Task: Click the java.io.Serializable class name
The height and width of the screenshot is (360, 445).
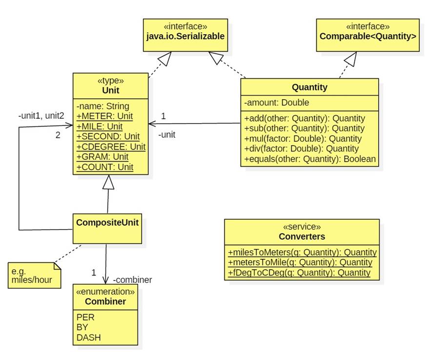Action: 185,36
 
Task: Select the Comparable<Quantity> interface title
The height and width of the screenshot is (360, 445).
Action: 367,36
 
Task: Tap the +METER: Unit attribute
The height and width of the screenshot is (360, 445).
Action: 104,116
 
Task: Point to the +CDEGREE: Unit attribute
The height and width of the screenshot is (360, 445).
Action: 111,147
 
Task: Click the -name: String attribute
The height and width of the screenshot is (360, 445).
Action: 103,106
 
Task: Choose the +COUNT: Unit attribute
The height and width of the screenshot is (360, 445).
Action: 105,167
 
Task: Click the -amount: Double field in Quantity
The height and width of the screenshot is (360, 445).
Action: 277,103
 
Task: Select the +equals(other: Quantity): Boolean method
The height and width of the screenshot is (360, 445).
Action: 310,159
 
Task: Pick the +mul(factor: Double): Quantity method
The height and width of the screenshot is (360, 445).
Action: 303,139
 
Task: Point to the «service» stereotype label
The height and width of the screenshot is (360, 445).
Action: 302,227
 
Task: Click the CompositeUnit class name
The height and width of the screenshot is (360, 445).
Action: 107,222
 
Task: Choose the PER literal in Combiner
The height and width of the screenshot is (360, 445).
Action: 85,317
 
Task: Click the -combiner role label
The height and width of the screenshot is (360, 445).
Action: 132,280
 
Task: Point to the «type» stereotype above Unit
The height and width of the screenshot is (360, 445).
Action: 110,81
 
